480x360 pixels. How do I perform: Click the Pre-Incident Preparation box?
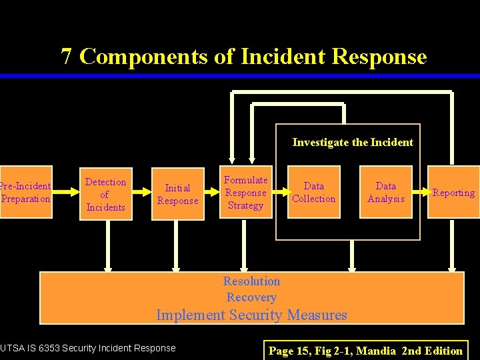[25, 192]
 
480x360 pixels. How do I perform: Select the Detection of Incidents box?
[105, 194]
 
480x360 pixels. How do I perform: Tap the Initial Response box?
[177, 194]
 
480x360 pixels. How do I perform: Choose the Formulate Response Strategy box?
[246, 193]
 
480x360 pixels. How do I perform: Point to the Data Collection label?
[314, 192]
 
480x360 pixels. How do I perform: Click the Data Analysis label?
[385, 192]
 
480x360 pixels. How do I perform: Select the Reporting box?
[453, 192]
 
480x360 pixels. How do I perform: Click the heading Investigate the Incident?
[353, 142]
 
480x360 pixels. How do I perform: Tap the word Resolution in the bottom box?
[251, 281]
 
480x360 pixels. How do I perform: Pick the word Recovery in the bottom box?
[251, 297]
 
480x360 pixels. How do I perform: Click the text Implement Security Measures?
[251, 315]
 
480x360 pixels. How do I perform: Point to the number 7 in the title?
[67, 57]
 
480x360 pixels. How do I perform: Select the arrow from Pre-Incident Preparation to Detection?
[66, 193]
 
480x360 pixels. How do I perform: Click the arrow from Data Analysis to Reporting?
[419, 193]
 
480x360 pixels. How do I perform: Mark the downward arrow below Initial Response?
[177, 247]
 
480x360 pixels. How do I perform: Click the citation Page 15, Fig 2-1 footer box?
[365, 351]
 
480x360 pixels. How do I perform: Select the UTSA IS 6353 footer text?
[88, 348]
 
